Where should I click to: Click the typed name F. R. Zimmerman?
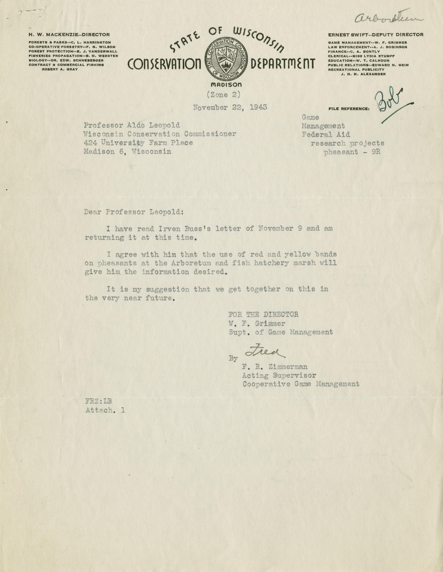click(275, 367)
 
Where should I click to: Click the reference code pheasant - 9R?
click(352, 152)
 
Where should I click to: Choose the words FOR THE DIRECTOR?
click(263, 315)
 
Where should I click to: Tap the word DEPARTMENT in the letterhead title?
click(283, 63)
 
